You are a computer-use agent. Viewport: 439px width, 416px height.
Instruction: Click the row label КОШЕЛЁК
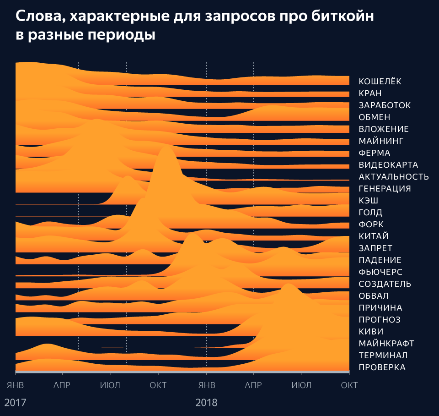(x=380, y=82)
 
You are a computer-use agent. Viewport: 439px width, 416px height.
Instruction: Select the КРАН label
(x=370, y=93)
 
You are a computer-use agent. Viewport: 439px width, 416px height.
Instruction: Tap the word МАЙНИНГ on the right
(x=380, y=141)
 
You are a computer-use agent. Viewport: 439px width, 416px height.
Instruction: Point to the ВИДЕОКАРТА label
(x=388, y=165)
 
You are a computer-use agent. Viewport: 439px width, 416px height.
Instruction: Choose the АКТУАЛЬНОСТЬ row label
(x=394, y=177)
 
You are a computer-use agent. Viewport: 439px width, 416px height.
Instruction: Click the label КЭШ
(x=368, y=201)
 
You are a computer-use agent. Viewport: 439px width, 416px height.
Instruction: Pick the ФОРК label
(x=371, y=224)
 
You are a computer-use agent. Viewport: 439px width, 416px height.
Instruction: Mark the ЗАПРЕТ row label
(x=375, y=248)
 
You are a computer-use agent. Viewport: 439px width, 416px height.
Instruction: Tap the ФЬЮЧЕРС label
(x=380, y=272)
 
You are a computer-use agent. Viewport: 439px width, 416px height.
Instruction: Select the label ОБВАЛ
(x=374, y=296)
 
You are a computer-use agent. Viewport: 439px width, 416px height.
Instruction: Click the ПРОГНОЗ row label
(x=380, y=320)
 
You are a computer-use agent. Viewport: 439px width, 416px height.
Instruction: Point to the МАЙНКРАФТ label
(x=386, y=344)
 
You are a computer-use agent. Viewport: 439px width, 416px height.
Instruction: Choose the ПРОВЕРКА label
(x=382, y=367)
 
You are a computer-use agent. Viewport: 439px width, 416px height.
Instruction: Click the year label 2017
(x=16, y=403)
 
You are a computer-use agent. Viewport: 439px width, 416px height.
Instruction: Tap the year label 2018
(x=207, y=403)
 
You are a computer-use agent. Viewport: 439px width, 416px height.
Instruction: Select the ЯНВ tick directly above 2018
(x=207, y=385)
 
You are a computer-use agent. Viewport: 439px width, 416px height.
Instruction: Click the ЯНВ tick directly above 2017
(x=16, y=385)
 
